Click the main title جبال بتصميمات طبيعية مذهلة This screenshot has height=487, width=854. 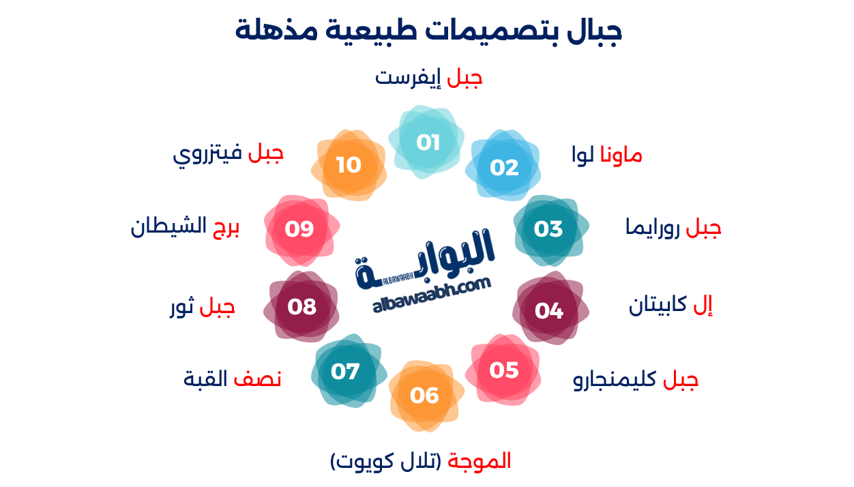428,31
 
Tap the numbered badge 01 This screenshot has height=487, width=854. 428,143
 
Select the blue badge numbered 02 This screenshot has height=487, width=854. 504,167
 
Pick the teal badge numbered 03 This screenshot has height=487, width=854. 549,228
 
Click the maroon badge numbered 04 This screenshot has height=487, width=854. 549,310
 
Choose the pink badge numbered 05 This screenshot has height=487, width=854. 504,370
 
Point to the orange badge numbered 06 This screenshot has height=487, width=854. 425,395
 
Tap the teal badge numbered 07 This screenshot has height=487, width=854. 346,372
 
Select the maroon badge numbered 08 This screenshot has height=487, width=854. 301,307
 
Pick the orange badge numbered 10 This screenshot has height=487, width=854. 349,165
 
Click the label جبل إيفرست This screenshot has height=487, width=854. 428,77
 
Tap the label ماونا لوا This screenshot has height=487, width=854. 606,156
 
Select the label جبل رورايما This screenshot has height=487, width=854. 673,228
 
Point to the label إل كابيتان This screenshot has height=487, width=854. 670,306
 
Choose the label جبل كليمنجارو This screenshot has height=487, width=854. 636,380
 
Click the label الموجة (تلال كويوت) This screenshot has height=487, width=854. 421,461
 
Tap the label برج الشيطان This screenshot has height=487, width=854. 186,227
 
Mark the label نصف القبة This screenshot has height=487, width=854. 233,379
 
